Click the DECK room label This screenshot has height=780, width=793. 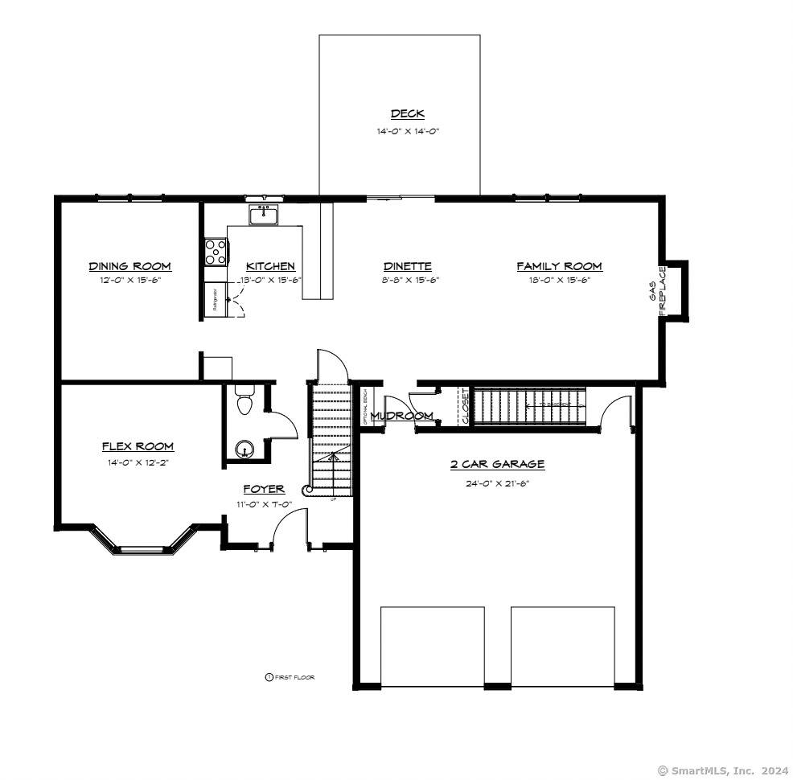[x=407, y=114]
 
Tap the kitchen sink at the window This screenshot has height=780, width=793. [x=263, y=215]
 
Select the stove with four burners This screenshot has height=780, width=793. [x=215, y=252]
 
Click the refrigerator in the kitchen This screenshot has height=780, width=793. [x=215, y=300]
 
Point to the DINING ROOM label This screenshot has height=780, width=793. [x=129, y=266]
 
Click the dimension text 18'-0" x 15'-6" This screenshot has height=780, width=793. [x=559, y=281]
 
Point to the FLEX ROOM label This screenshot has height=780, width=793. [x=138, y=446]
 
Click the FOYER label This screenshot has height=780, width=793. [x=264, y=489]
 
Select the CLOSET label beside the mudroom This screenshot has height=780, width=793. [x=464, y=407]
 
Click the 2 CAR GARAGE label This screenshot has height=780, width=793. [x=497, y=464]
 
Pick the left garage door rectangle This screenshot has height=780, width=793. [x=432, y=646]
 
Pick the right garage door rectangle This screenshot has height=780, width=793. [x=562, y=646]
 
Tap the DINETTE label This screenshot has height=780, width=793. [x=407, y=266]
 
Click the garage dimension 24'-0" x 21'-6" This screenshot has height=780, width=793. [x=497, y=483]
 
